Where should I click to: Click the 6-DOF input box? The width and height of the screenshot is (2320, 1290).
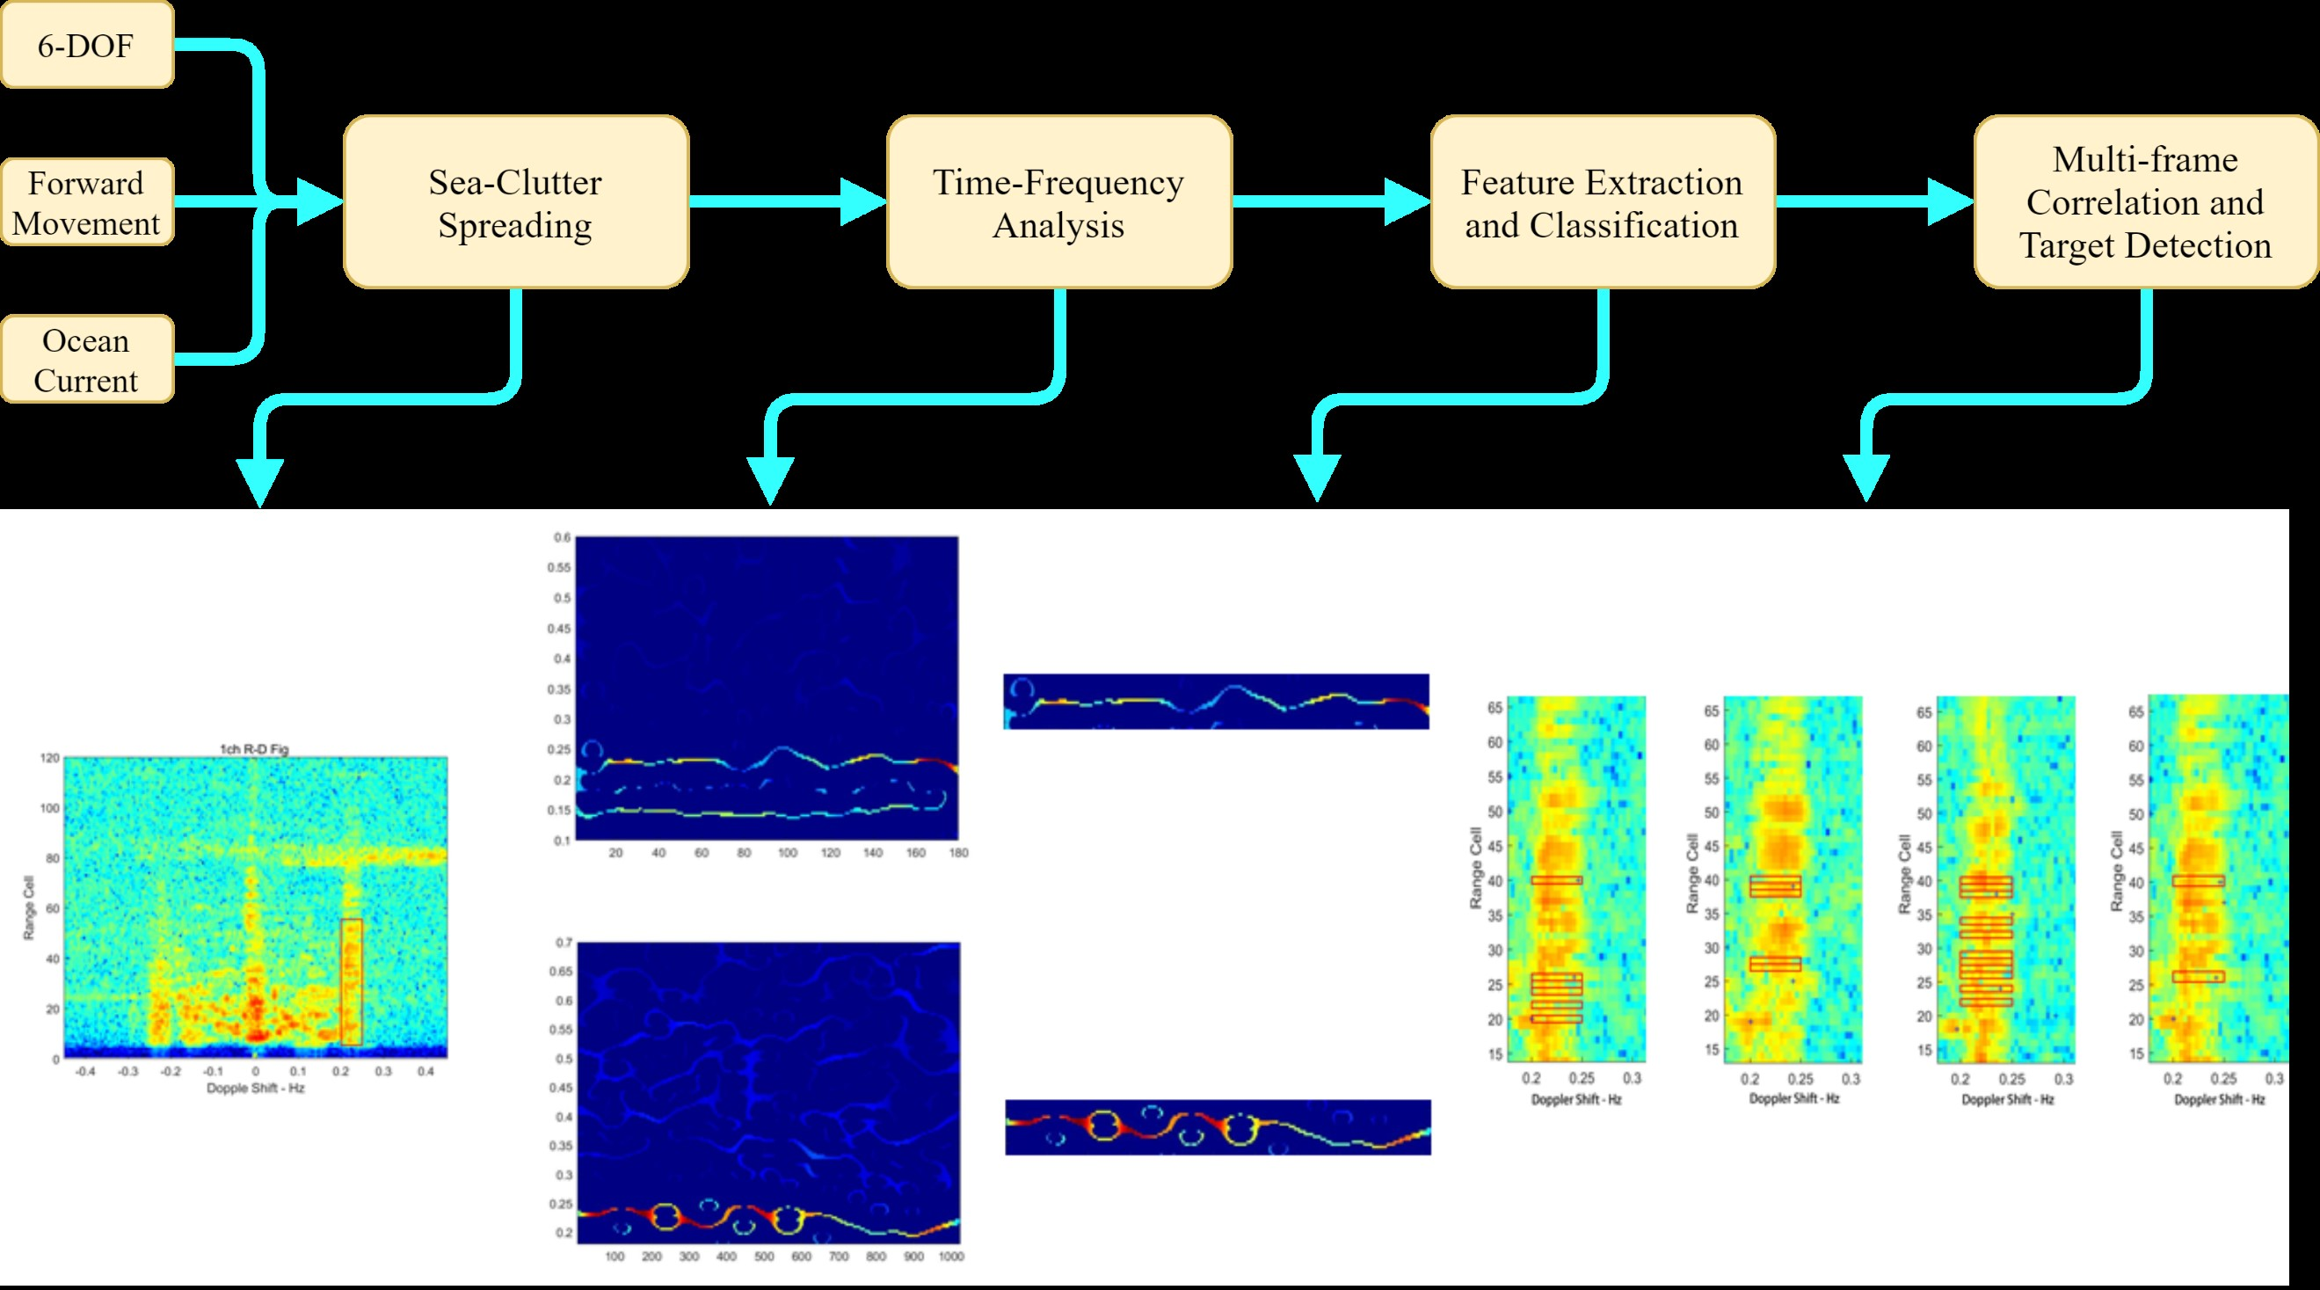(x=86, y=45)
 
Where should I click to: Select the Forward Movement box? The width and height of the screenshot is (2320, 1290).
(x=86, y=202)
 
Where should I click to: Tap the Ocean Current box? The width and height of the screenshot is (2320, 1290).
(x=86, y=360)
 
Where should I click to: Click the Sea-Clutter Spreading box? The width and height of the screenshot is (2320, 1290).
(x=515, y=202)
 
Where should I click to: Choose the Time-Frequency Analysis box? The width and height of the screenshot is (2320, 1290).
(x=1058, y=202)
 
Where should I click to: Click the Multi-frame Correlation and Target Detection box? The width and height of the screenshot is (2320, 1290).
(x=2145, y=202)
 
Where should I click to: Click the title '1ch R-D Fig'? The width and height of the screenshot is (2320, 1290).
(x=255, y=748)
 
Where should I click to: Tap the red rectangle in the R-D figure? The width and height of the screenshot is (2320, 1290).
(x=352, y=982)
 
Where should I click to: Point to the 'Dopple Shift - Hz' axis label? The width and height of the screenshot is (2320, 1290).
(x=256, y=1089)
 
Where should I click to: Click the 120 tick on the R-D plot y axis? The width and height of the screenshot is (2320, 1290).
(x=49, y=759)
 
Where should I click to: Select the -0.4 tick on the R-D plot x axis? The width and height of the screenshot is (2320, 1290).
(x=85, y=1072)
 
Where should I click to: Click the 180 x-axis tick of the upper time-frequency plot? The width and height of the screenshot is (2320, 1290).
(x=958, y=852)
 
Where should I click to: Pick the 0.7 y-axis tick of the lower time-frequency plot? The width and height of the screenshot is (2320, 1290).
(x=564, y=944)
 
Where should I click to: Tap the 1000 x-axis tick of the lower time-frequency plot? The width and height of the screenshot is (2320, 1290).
(x=951, y=1257)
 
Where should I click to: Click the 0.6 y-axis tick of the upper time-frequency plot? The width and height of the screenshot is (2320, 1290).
(x=562, y=538)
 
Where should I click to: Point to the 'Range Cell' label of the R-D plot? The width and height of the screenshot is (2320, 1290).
(x=29, y=908)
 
